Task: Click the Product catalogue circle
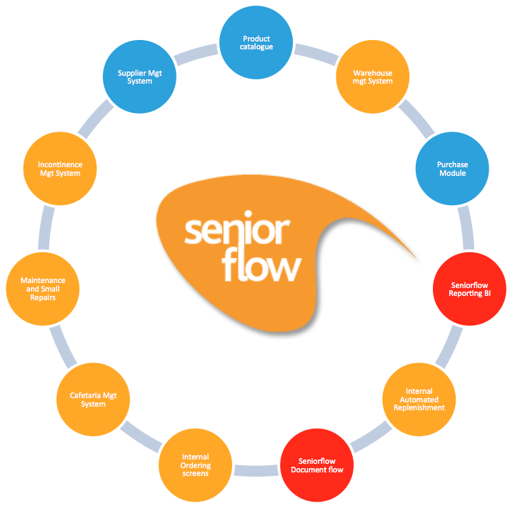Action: (x=256, y=43)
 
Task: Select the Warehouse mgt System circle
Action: (x=372, y=76)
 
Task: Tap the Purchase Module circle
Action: (x=451, y=169)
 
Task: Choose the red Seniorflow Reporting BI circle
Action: (x=471, y=288)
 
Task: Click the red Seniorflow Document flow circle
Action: (x=316, y=465)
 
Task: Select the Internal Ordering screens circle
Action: (x=194, y=465)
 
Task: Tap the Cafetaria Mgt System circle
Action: (x=93, y=399)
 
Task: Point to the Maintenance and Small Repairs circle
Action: (x=43, y=288)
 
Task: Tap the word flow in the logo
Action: (x=261, y=266)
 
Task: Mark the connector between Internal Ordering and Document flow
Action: (x=255, y=470)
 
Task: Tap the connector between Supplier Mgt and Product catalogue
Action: (x=196, y=53)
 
